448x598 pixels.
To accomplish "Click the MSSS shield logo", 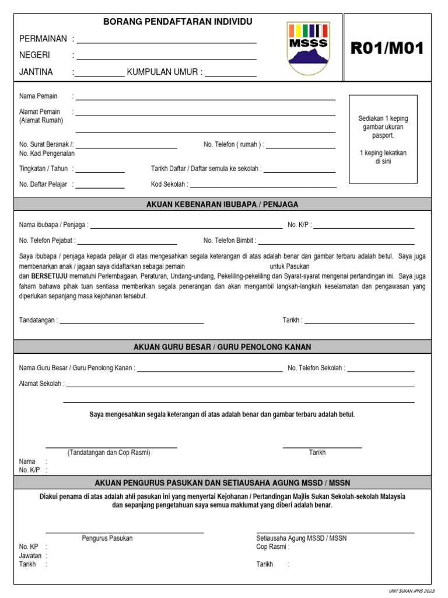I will (x=308, y=48).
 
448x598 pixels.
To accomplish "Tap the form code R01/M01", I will (x=387, y=48).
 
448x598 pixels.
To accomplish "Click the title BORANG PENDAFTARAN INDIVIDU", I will (x=178, y=22).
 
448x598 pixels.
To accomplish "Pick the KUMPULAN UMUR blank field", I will (x=230, y=76).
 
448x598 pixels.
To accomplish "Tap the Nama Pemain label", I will (x=38, y=96).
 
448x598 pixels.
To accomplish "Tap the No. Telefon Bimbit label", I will (x=229, y=241).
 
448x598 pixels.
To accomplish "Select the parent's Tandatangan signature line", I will (x=132, y=322).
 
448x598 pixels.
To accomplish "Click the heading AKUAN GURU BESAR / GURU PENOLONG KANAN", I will (x=222, y=347).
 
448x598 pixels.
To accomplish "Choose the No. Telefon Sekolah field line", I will (x=381, y=371).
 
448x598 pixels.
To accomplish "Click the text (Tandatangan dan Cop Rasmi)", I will (x=108, y=453).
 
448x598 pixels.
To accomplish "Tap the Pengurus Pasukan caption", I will (x=107, y=538).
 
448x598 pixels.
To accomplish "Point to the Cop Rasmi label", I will (x=272, y=547).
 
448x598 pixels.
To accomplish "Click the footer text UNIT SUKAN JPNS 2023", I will (x=412, y=591).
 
